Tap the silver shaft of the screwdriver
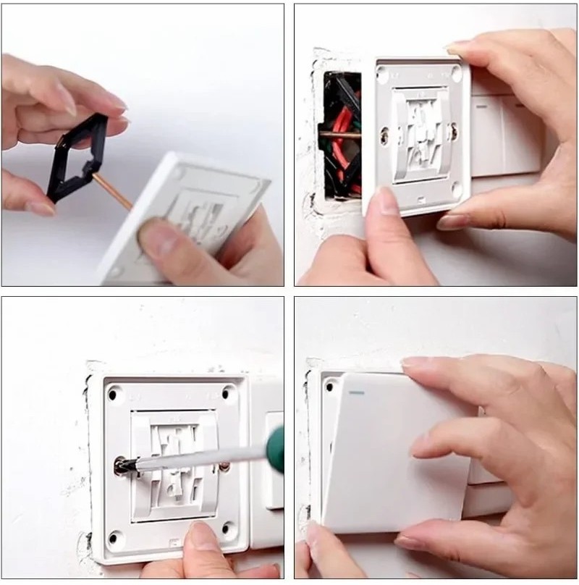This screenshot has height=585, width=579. [x=195, y=456]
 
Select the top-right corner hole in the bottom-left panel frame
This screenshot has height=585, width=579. [x=229, y=392]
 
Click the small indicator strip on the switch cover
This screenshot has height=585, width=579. [x=355, y=394]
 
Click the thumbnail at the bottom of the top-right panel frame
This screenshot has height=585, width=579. [x=384, y=199]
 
